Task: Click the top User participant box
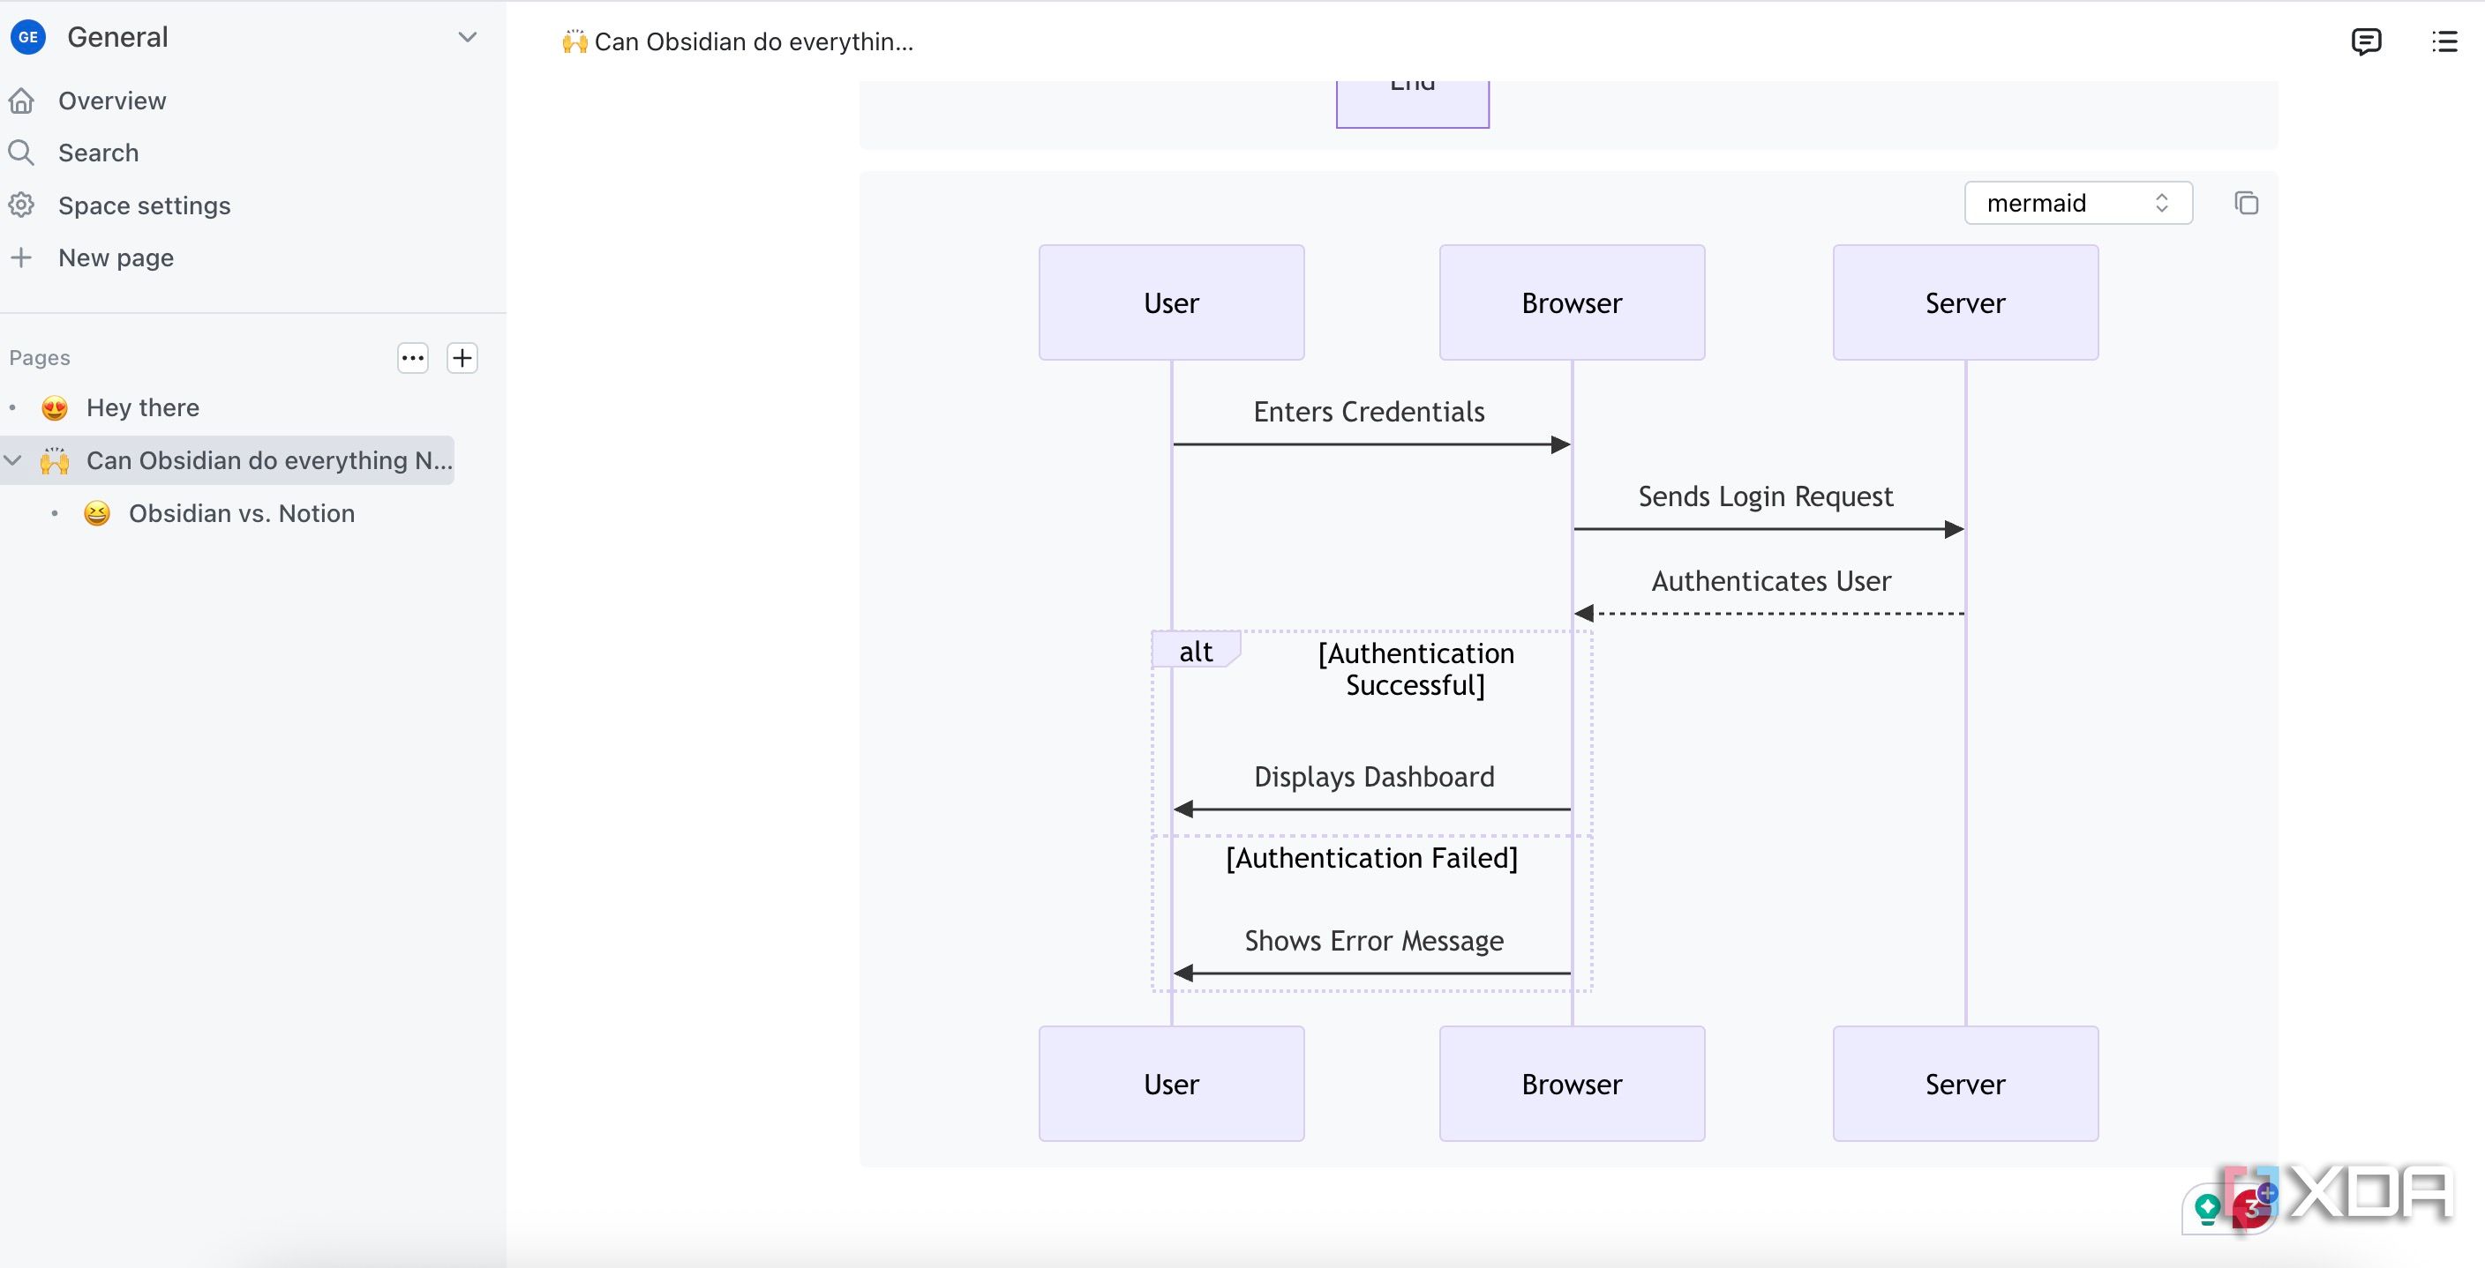1171,302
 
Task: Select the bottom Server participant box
1965,1084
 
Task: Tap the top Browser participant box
1572,302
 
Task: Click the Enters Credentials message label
1369,412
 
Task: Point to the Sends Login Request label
1765,496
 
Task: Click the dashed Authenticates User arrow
1769,613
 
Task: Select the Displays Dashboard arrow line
1371,809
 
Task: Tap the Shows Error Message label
1374,940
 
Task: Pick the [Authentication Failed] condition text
1371,858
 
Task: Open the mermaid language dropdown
2078,203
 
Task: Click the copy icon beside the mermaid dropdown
2246,203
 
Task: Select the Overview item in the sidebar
112,101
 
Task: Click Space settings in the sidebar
144,205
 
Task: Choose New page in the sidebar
116,257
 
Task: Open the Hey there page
143,408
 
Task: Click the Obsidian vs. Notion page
241,513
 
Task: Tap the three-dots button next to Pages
413,358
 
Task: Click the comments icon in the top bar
2365,41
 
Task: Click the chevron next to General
467,38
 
